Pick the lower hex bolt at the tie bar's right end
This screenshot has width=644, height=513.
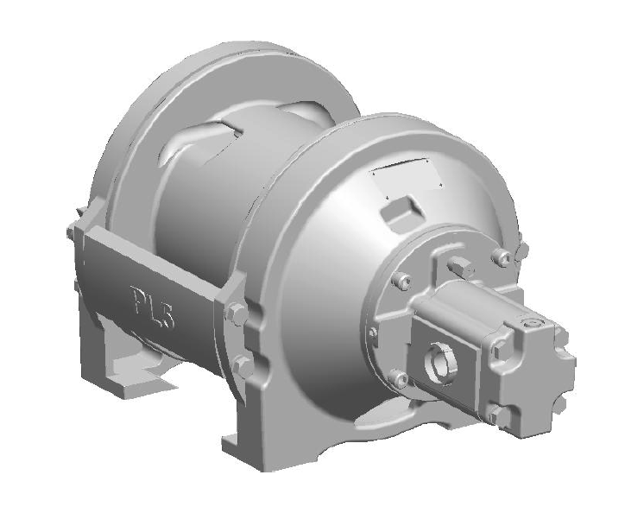244,365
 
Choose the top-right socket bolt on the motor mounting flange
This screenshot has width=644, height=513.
498,257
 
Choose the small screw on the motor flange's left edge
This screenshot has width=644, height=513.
372,331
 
